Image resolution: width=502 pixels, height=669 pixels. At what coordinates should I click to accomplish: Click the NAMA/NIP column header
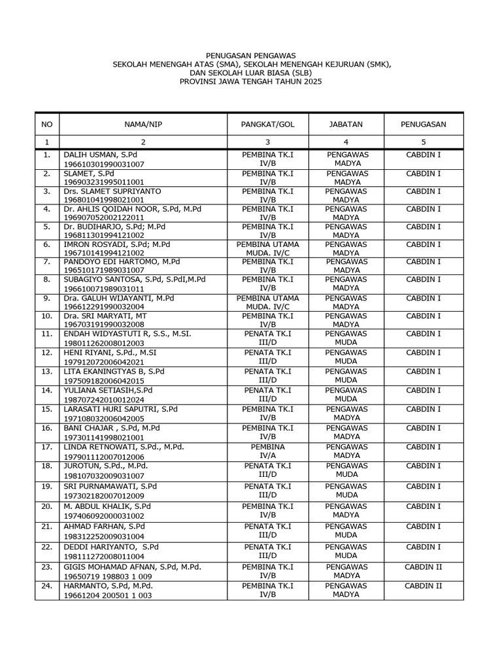tap(143, 124)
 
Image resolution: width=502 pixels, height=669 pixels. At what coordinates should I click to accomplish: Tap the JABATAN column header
tap(346, 124)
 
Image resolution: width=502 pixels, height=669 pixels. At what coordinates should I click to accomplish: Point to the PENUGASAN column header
tap(424, 124)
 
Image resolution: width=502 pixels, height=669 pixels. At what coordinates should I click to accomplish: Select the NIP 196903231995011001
tap(103, 182)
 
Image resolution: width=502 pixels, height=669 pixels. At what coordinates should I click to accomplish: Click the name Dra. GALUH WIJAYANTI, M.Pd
tap(118, 298)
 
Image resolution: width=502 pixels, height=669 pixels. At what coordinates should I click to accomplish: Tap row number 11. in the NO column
tap(46, 334)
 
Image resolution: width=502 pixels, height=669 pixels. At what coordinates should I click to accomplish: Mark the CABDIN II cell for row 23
tap(424, 567)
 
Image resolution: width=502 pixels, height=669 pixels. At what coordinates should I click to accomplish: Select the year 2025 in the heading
tap(310, 82)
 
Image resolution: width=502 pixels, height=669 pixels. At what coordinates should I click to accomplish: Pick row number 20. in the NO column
tap(46, 506)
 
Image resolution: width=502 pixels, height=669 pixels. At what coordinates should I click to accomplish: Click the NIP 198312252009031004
tap(103, 536)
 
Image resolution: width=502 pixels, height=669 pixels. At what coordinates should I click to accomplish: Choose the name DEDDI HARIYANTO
tap(101, 546)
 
